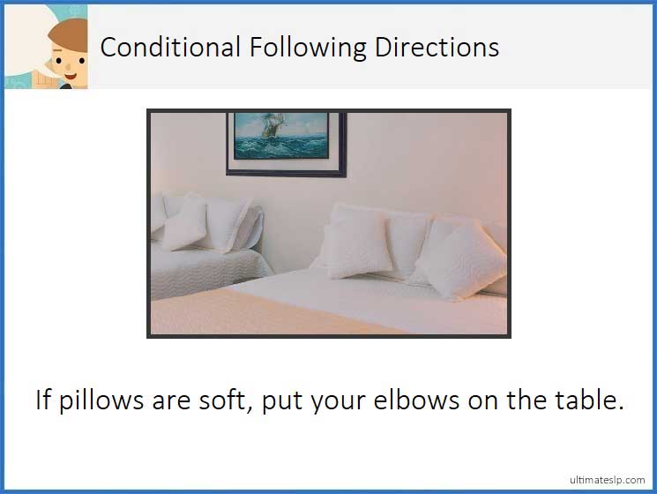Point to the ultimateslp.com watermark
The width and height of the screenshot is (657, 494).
(x=607, y=480)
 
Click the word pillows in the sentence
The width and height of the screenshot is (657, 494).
(x=101, y=400)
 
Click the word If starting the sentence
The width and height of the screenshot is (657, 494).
(x=43, y=400)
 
